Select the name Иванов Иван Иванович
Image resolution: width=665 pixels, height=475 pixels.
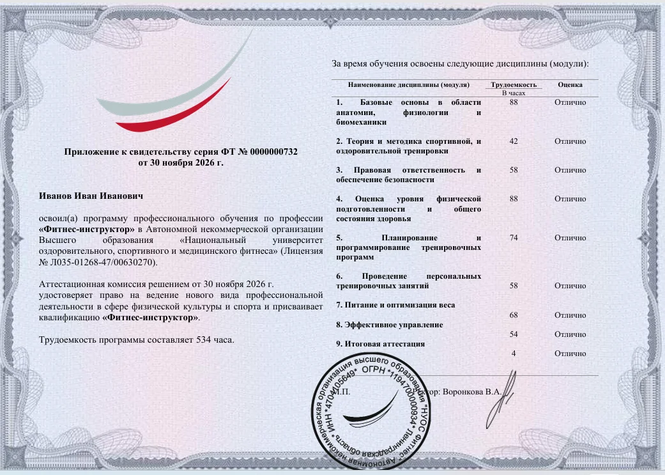91,196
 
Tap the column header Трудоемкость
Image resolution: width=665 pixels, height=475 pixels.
513,84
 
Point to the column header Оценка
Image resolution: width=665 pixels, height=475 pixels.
570,84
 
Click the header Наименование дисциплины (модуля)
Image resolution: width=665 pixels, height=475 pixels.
409,84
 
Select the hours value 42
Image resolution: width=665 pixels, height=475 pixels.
514,141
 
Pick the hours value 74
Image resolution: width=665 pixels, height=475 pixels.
514,238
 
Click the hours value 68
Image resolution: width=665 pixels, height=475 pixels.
514,315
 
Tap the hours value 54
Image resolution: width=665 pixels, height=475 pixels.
514,334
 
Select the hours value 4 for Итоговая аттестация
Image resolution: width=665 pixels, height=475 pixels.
514,354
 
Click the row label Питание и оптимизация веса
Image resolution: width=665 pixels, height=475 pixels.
395,305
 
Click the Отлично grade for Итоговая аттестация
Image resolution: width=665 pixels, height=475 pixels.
570,354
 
